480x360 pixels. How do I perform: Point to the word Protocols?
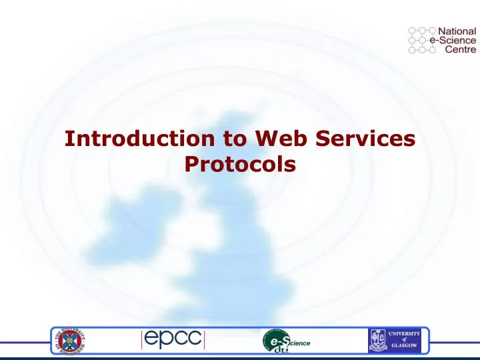[239, 164]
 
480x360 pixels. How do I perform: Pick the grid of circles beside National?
[421, 39]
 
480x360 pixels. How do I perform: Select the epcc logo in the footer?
[172, 340]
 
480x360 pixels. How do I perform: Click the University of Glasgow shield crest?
[378, 341]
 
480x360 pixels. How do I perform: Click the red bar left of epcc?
[142, 340]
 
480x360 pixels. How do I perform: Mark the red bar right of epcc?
[203, 340]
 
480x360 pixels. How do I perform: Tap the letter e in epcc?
[153, 340]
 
